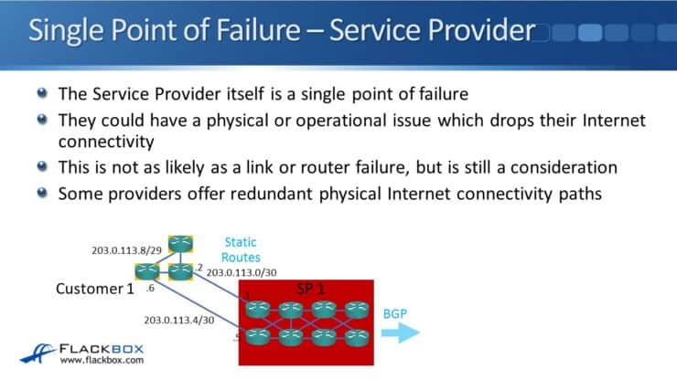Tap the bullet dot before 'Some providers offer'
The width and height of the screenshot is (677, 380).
(x=43, y=195)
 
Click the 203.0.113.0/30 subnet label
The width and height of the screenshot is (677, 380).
(x=240, y=271)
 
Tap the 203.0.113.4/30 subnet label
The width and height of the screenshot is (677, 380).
(x=178, y=320)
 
